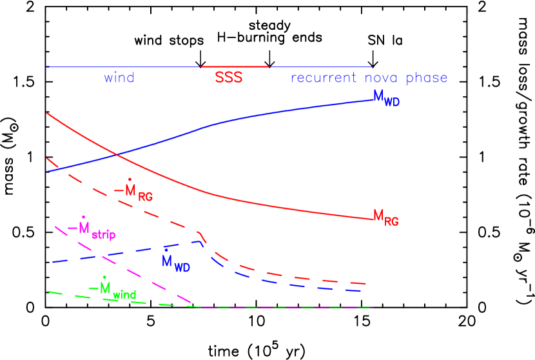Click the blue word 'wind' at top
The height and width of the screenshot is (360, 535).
[119, 78]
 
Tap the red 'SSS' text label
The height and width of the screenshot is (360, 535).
[229, 78]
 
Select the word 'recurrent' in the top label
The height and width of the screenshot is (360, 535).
[323, 79]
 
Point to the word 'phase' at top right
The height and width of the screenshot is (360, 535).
[427, 79]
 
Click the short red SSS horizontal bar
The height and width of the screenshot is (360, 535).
[235, 66]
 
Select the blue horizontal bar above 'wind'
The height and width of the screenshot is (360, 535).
[122, 67]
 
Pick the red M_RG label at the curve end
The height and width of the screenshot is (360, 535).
[386, 217]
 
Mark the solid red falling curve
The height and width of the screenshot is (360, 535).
[290, 208]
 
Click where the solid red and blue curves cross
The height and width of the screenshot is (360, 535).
[115, 154]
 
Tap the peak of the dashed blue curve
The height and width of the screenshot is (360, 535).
[199, 241]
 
